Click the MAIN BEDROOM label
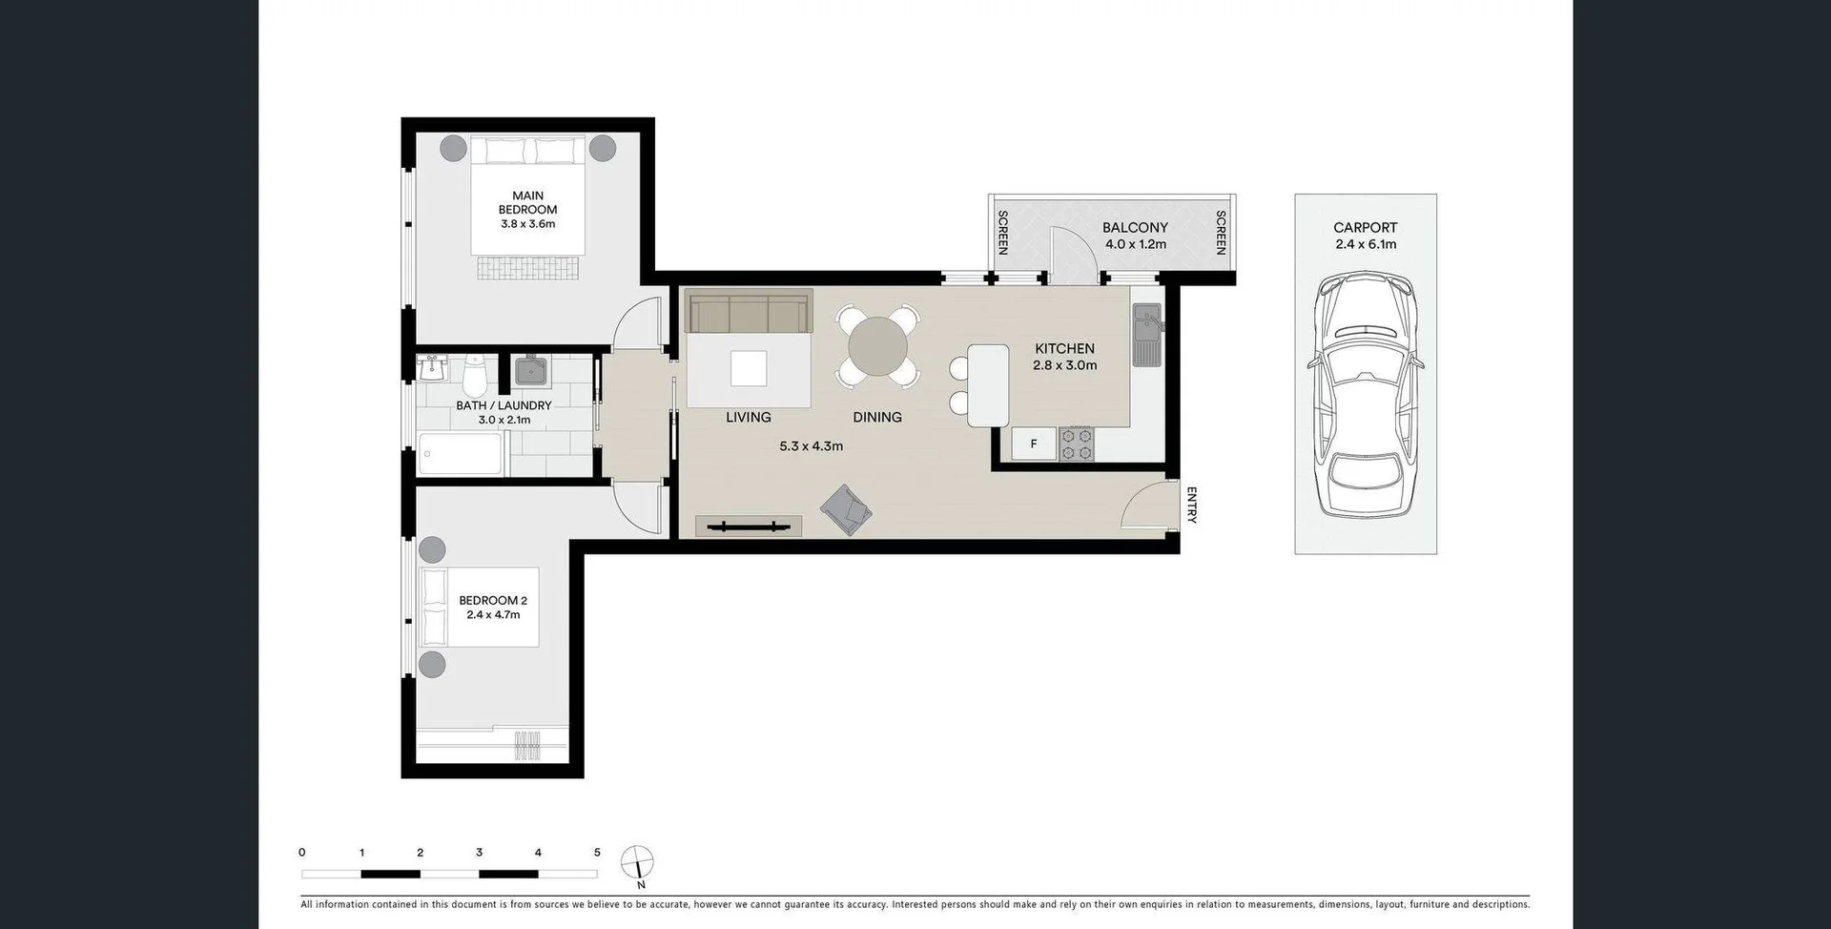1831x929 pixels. (x=527, y=202)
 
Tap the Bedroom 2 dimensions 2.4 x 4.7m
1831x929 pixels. (x=493, y=615)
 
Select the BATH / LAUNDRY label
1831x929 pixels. (x=503, y=405)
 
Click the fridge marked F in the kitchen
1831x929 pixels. (x=1034, y=444)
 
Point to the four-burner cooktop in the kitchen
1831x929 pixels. (x=1077, y=444)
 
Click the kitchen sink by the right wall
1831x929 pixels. (x=1146, y=334)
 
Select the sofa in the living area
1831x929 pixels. (x=748, y=313)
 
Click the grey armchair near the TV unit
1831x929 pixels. (x=846, y=510)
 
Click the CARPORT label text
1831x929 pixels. (x=1365, y=227)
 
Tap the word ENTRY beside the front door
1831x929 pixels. (x=1191, y=506)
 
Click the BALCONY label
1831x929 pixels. (x=1135, y=227)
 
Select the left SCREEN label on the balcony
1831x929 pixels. (x=1002, y=233)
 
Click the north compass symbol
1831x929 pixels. (x=637, y=863)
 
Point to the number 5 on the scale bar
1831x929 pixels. (x=597, y=853)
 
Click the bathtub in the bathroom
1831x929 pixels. (x=460, y=455)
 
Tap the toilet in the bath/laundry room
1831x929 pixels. (x=474, y=377)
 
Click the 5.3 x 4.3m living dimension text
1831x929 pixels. (x=811, y=445)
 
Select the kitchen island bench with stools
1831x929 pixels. (x=988, y=384)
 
